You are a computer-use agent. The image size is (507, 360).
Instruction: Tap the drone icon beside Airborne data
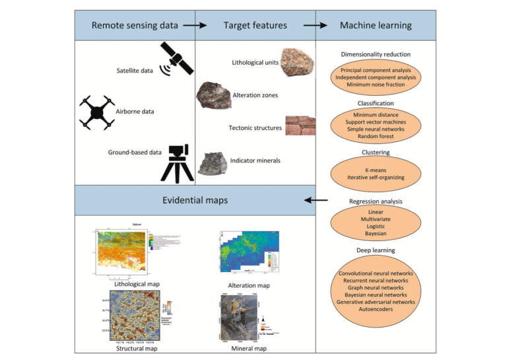click(x=97, y=111)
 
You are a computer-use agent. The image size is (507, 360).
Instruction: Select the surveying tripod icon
click(x=177, y=162)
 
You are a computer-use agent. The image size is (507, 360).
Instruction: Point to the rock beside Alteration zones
click(x=213, y=96)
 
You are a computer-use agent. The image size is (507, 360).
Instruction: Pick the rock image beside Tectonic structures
click(x=300, y=126)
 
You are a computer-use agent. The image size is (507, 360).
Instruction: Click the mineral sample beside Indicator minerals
click(x=213, y=162)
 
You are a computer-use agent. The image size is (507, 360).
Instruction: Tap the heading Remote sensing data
click(x=135, y=26)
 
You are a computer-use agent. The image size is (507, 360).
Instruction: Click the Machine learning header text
click(x=375, y=26)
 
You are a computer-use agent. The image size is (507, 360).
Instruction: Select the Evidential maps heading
click(x=196, y=199)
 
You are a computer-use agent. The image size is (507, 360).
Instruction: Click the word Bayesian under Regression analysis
click(x=376, y=234)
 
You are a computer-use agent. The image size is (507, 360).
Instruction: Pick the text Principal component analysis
click(x=376, y=69)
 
